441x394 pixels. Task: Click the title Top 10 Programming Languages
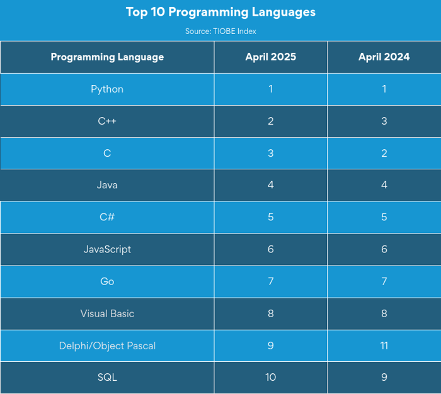(x=220, y=12)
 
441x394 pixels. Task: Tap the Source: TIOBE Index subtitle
(x=220, y=31)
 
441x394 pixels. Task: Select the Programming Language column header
(x=107, y=57)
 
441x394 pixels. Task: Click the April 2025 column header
(x=270, y=57)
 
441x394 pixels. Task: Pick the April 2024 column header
(x=384, y=57)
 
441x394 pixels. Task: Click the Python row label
(x=107, y=89)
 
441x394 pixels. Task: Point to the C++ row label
(x=107, y=121)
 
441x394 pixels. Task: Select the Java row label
(x=107, y=185)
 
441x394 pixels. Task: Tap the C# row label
(x=107, y=217)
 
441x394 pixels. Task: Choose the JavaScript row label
(x=107, y=249)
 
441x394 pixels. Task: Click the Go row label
(x=107, y=281)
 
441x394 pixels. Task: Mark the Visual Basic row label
(x=107, y=313)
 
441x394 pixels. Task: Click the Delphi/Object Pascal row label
(x=107, y=346)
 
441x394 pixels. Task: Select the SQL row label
(x=107, y=378)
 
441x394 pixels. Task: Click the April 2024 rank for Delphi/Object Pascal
(x=384, y=346)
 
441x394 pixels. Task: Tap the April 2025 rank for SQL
(x=270, y=378)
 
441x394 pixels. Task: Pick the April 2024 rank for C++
(x=384, y=121)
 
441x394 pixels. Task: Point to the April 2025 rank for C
(x=270, y=153)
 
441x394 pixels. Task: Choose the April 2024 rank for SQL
(x=384, y=378)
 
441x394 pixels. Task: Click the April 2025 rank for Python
(x=270, y=89)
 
